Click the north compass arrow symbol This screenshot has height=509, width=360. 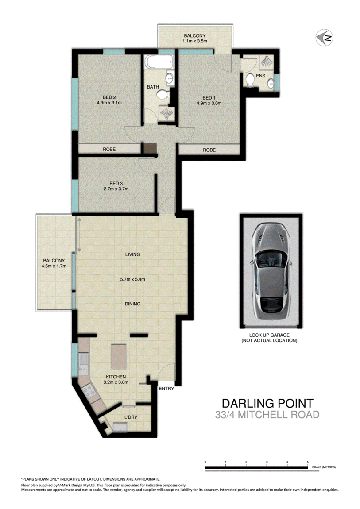click(324, 38)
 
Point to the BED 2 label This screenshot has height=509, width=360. click(109, 97)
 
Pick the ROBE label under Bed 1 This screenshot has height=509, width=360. click(209, 150)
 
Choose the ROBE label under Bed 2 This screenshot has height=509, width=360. click(109, 150)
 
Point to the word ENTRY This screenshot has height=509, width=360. click(166, 389)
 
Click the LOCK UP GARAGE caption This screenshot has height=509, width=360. click(269, 338)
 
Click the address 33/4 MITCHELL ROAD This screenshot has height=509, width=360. click(267, 415)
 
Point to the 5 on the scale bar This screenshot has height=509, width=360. click(308, 462)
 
